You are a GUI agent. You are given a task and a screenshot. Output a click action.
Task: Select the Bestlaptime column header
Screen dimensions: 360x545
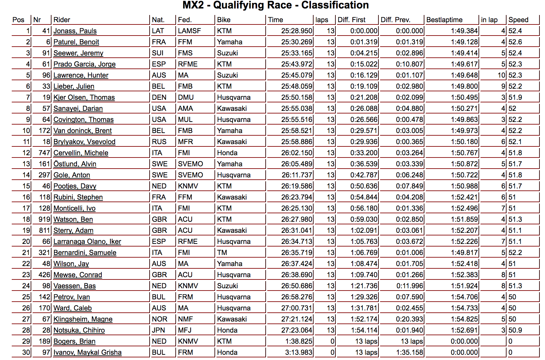click(444, 20)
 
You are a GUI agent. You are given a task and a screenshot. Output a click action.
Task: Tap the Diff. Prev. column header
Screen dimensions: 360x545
click(395, 20)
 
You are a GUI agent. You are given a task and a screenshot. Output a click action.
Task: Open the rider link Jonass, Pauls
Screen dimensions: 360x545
click(75, 31)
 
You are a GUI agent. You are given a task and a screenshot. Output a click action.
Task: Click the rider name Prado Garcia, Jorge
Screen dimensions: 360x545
click(84, 64)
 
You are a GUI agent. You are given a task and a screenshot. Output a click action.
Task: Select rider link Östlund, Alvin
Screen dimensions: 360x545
click(75, 164)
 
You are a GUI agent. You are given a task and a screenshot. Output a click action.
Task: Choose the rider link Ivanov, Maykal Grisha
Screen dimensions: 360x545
click(87, 352)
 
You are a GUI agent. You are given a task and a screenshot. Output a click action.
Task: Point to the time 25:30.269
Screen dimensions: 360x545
click(297, 42)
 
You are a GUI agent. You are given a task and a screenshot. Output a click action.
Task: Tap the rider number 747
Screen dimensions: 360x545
click(44, 153)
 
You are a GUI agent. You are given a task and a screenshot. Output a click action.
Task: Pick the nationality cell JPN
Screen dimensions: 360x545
click(158, 330)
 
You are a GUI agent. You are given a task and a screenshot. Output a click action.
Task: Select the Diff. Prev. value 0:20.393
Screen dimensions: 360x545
click(409, 319)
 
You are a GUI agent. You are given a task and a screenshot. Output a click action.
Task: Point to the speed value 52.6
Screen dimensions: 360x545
click(515, 42)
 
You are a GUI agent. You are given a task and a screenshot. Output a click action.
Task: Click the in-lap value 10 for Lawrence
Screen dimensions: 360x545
click(501, 75)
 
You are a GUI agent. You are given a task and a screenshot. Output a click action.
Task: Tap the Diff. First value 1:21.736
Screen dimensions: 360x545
click(364, 286)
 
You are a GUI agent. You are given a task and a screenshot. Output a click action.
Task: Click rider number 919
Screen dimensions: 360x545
click(44, 219)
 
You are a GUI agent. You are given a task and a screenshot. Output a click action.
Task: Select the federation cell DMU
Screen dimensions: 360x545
click(186, 97)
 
